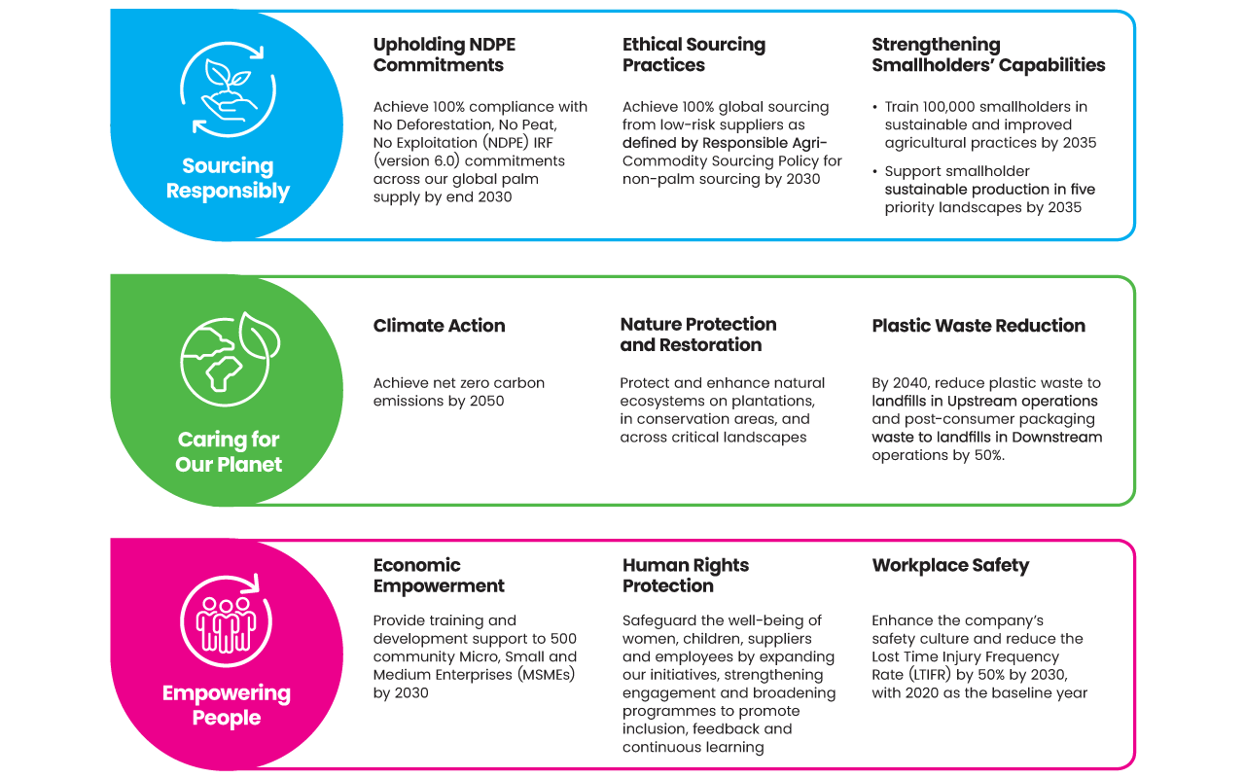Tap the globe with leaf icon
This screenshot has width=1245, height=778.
coord(231,359)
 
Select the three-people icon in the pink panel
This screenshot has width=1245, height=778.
coord(227,620)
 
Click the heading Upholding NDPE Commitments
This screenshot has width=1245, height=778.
coord(445,54)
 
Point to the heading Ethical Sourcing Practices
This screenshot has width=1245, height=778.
coord(694,54)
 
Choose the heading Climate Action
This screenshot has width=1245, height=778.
coord(439,326)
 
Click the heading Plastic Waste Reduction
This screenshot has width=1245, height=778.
coord(978,326)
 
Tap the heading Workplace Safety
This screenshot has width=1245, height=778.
coord(950,565)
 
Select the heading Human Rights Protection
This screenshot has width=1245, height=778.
coord(686,575)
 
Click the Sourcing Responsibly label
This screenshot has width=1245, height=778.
coord(228,178)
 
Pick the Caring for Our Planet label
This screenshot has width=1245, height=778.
coord(229,451)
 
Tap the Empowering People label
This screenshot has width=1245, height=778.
coord(227,705)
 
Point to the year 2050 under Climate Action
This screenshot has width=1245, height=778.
coord(486,401)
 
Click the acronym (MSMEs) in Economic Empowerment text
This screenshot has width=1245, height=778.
coord(547,675)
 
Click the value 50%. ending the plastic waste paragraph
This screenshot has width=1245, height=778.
coord(989,455)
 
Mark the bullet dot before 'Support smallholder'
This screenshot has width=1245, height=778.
coord(874,171)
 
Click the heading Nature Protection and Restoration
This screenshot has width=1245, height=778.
coord(698,334)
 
